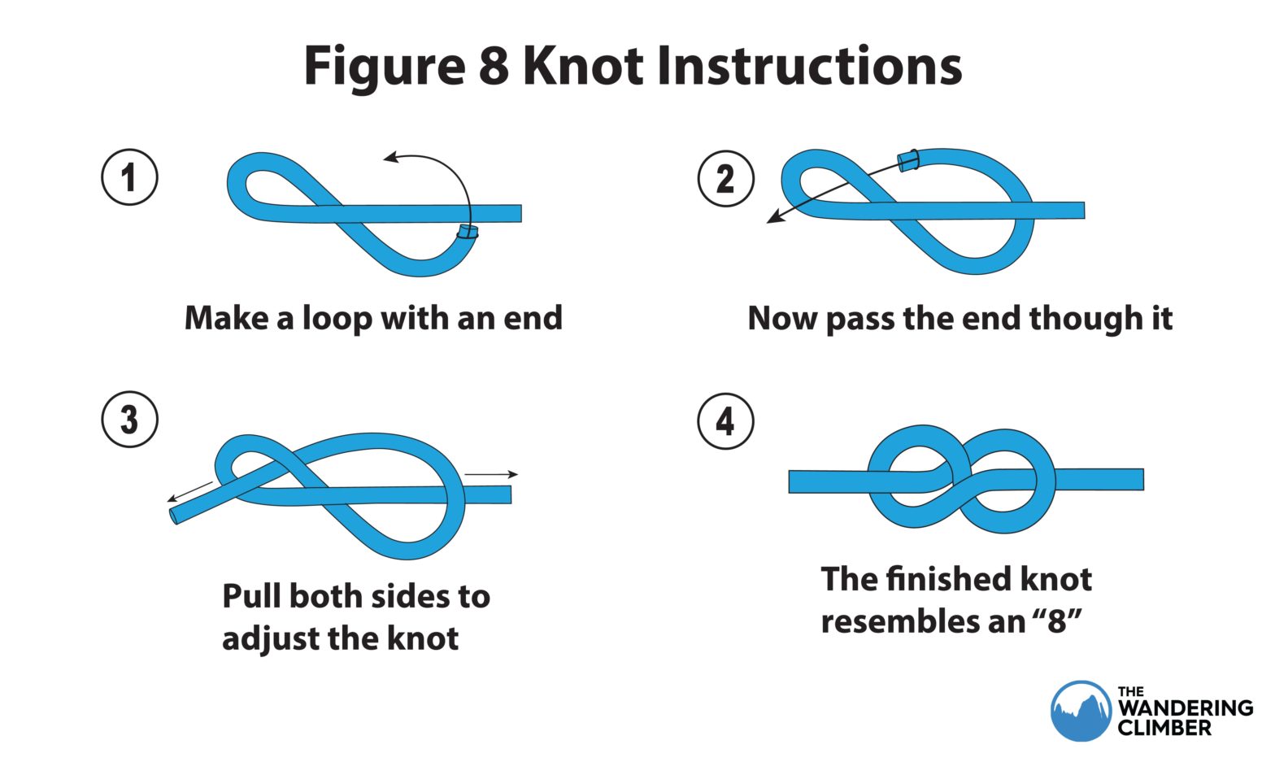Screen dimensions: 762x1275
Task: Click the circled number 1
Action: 129,177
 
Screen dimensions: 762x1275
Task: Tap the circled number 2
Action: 725,178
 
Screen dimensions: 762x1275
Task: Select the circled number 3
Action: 129,420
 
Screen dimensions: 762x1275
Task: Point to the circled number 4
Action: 725,421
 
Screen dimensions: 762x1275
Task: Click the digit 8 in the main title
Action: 493,65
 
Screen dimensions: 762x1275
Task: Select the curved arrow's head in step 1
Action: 391,157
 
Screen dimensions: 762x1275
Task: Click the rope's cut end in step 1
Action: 467,232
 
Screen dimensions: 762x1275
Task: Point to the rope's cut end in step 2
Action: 907,159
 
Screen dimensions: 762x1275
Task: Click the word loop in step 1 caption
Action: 337,318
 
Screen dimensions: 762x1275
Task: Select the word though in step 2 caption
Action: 1077,318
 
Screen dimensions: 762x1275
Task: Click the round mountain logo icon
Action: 1080,711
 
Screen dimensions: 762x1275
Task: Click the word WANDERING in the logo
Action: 1185,708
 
